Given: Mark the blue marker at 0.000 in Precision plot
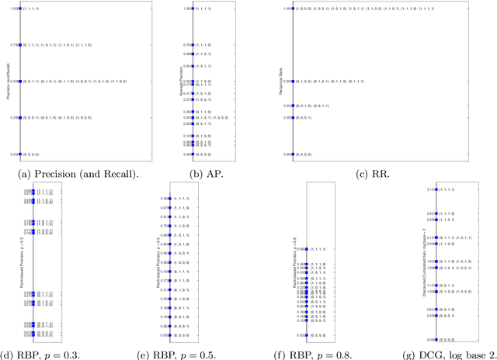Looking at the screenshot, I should pyautogui.click(x=20, y=154).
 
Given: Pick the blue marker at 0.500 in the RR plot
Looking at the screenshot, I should pyautogui.click(x=291, y=81).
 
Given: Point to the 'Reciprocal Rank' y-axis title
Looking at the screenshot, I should pyautogui.click(x=277, y=81).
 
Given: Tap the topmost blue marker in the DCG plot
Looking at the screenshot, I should pyautogui.click(x=436, y=189).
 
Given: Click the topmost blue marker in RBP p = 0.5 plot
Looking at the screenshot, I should pyautogui.click(x=169, y=199).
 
